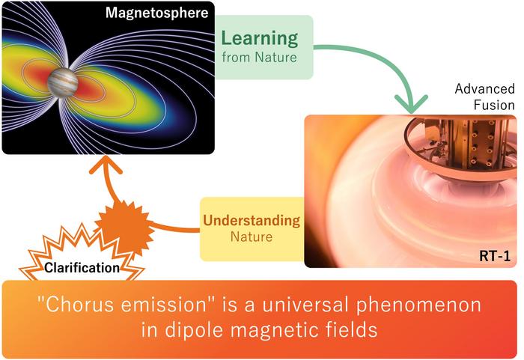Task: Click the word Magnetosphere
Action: click(x=156, y=13)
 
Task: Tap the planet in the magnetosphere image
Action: click(x=63, y=82)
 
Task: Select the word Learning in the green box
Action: click(x=259, y=39)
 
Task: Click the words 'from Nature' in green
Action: click(x=259, y=57)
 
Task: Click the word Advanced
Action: click(x=484, y=89)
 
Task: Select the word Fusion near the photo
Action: click(x=494, y=105)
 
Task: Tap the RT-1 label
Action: click(x=495, y=256)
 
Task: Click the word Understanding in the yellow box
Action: click(x=252, y=221)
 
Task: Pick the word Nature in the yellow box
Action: click(x=252, y=237)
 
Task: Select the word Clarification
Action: click(x=82, y=268)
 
